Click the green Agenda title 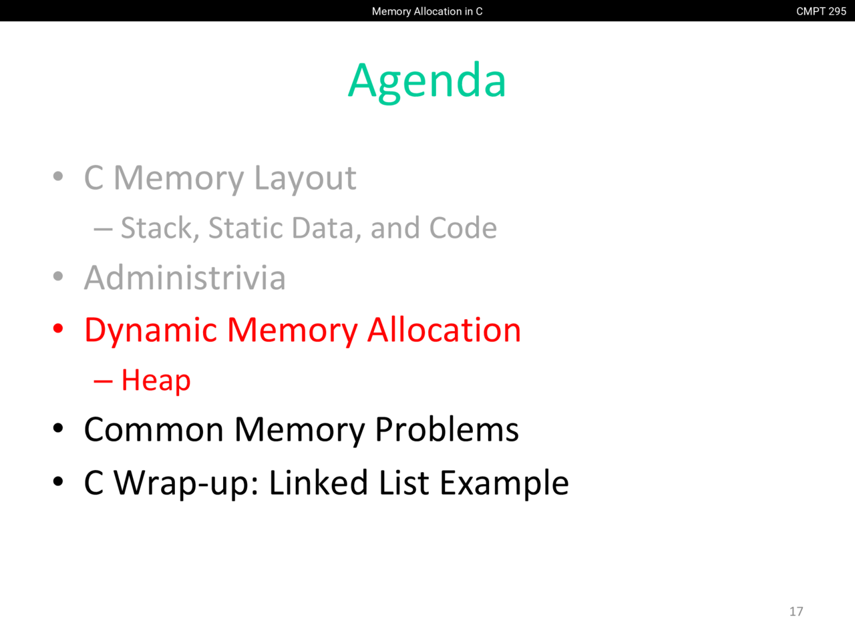[427, 82]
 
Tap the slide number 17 [796, 612]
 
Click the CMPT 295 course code [821, 11]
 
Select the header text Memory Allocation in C [427, 11]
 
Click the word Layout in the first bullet [305, 179]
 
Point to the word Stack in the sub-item [160, 228]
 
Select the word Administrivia [185, 278]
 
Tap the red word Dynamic [151, 331]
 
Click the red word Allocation [444, 330]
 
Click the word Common [154, 429]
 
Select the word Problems [447, 429]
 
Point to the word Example [504, 483]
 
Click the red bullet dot [58, 329]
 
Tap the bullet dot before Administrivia [58, 276]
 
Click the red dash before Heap [104, 382]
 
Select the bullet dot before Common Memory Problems [58, 429]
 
